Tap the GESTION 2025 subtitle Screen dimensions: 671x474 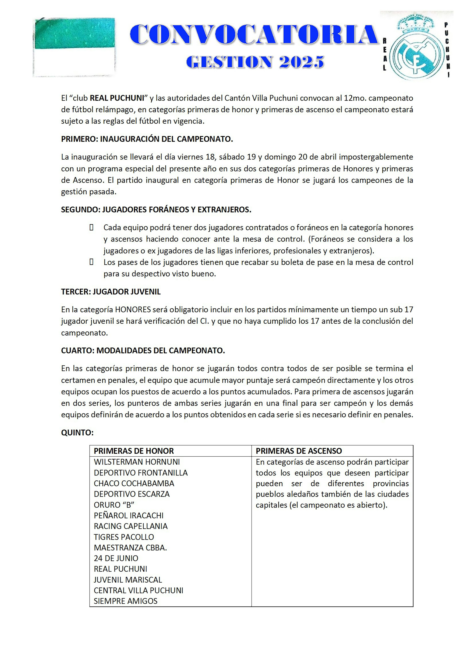[x=255, y=62]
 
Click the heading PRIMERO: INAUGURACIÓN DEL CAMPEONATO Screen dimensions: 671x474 [x=147, y=139]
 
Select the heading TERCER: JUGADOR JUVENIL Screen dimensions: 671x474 [x=111, y=292]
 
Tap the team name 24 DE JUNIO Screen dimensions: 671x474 [x=116, y=558]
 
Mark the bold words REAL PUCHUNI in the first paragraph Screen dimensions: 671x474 [x=117, y=98]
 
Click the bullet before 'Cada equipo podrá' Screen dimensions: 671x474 [x=91, y=227]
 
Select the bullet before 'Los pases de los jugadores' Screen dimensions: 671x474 [x=91, y=262]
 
